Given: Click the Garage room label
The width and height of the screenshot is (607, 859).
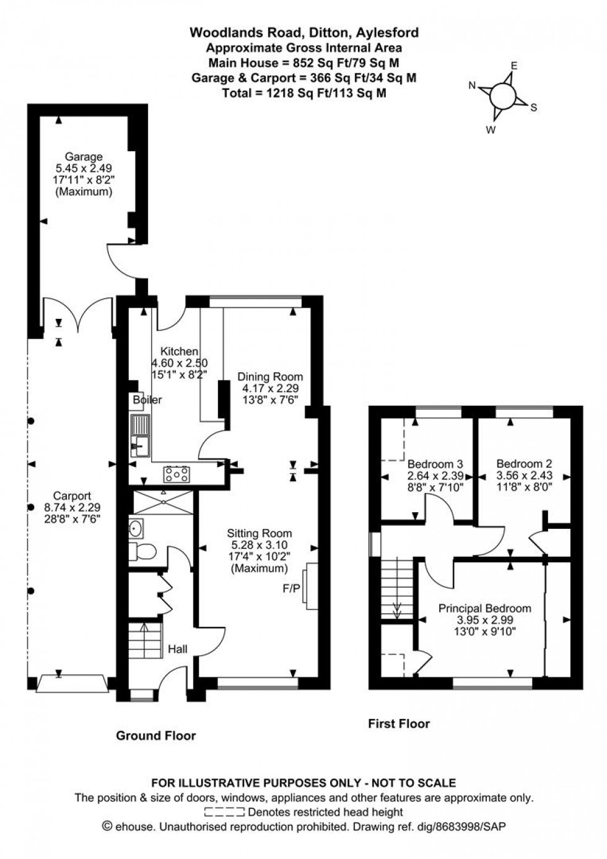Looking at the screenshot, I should [85, 157].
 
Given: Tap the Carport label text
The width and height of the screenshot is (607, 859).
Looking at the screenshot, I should [72, 495].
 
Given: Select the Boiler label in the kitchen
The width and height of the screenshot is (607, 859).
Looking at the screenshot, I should [147, 400].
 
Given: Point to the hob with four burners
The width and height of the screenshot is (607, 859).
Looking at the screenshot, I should [177, 474].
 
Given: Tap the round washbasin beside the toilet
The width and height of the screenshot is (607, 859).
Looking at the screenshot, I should [136, 528].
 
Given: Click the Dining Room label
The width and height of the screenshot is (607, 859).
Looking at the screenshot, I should [271, 377].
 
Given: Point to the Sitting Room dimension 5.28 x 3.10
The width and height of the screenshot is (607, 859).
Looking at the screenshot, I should [259, 545].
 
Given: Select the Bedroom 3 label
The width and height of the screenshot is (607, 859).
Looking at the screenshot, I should [435, 464].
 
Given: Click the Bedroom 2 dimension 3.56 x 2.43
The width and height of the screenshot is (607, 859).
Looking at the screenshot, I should [524, 476].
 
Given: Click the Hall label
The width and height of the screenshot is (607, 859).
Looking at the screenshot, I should [178, 649].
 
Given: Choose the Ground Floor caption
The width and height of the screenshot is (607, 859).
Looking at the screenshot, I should [156, 736].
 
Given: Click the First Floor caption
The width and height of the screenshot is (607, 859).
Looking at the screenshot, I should [399, 723].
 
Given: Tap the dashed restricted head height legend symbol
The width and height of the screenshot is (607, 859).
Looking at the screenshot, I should [224, 812].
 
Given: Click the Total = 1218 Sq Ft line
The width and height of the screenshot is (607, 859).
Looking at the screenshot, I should [303, 94].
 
